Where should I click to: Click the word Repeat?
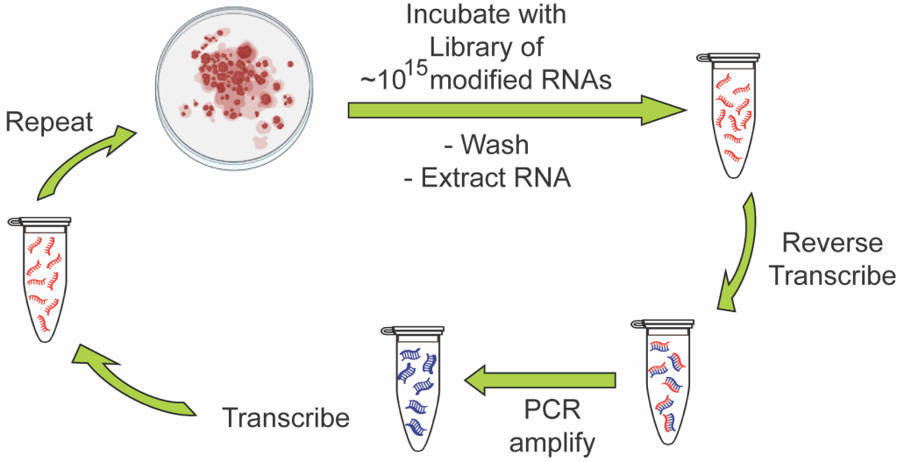click(49, 122)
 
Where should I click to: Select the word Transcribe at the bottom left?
click(285, 416)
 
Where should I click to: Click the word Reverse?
click(833, 242)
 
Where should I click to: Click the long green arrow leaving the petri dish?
click(517, 110)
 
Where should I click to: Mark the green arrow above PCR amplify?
click(540, 380)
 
